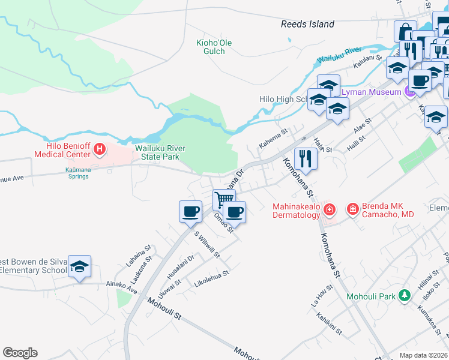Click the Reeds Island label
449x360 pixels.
(x=307, y=25)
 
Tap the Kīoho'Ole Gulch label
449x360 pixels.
(x=214, y=47)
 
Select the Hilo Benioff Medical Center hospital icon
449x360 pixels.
(x=100, y=149)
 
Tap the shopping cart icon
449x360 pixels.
(x=224, y=199)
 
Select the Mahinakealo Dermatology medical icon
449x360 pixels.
(x=329, y=209)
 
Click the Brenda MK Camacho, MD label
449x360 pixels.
(x=387, y=209)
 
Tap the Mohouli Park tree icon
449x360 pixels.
(x=405, y=296)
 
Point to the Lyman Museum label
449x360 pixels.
(x=371, y=92)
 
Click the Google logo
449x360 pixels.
(x=20, y=352)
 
